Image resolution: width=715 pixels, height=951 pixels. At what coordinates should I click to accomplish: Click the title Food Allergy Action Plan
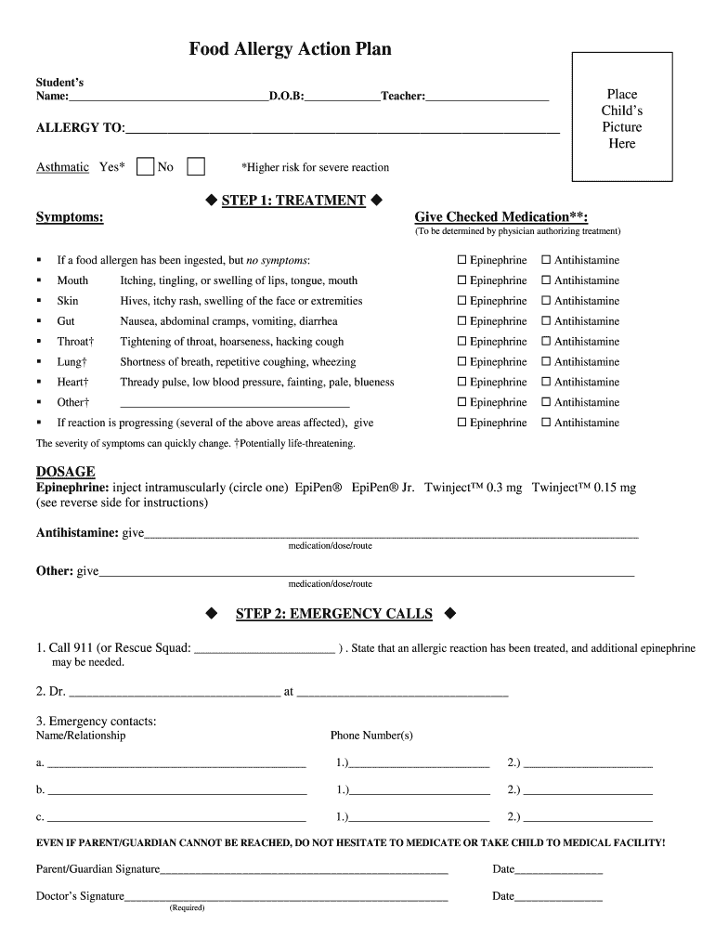point(290,49)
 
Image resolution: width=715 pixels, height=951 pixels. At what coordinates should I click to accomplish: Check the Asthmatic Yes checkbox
point(145,167)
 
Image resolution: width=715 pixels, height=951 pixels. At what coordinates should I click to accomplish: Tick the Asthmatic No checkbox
point(196,167)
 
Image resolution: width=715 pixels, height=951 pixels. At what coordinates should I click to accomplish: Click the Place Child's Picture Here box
point(621,118)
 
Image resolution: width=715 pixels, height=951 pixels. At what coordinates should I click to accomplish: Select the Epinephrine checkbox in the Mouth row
point(461,280)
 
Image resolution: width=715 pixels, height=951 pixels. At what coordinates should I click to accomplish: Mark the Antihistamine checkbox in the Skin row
point(546,301)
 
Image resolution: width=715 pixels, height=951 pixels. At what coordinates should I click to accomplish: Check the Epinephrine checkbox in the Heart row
point(461,383)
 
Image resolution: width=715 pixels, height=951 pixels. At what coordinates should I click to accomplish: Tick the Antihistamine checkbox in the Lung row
point(546,362)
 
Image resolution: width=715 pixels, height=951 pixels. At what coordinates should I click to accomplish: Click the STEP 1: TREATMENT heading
point(293,201)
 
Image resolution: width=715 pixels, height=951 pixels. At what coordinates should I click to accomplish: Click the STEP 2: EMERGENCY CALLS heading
point(333,614)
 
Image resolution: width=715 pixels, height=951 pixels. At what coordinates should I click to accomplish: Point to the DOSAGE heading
point(65,472)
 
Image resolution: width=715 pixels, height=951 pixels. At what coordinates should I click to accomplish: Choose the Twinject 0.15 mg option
point(583,488)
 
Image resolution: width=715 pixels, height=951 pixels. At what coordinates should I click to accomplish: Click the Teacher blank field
point(487,97)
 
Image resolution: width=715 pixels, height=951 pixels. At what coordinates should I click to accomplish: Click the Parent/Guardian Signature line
point(304,870)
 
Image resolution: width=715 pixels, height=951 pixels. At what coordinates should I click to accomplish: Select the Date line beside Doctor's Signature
point(558,897)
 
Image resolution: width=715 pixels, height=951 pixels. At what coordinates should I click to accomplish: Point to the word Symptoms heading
point(70,217)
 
